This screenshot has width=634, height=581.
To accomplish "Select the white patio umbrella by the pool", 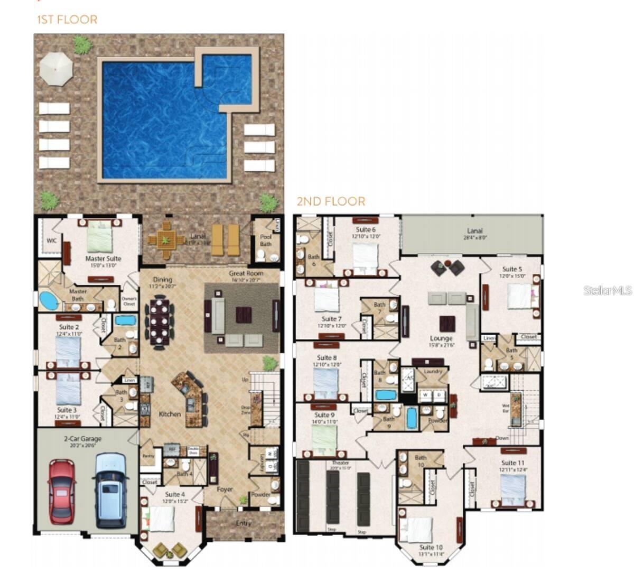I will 56,69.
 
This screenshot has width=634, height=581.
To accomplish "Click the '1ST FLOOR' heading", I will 67,20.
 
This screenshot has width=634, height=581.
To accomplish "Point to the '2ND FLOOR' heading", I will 331,201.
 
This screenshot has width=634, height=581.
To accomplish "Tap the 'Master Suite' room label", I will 103,259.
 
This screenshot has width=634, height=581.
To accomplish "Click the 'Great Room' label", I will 246,273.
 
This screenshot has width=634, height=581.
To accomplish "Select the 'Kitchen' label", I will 170,414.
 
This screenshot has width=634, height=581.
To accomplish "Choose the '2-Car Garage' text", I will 83,438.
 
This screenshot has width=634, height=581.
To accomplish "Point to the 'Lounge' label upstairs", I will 441,338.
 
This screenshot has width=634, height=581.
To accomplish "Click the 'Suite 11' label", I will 512,463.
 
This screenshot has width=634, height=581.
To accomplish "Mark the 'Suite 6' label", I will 366,229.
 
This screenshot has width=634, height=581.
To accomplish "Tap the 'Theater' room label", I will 340,463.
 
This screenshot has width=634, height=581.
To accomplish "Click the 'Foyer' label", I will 225,490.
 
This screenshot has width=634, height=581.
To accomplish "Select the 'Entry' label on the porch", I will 244,523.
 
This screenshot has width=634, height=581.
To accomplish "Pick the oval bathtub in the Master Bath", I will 49,301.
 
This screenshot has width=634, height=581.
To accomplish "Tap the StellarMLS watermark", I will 608,290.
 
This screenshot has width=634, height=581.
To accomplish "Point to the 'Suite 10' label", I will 431,547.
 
